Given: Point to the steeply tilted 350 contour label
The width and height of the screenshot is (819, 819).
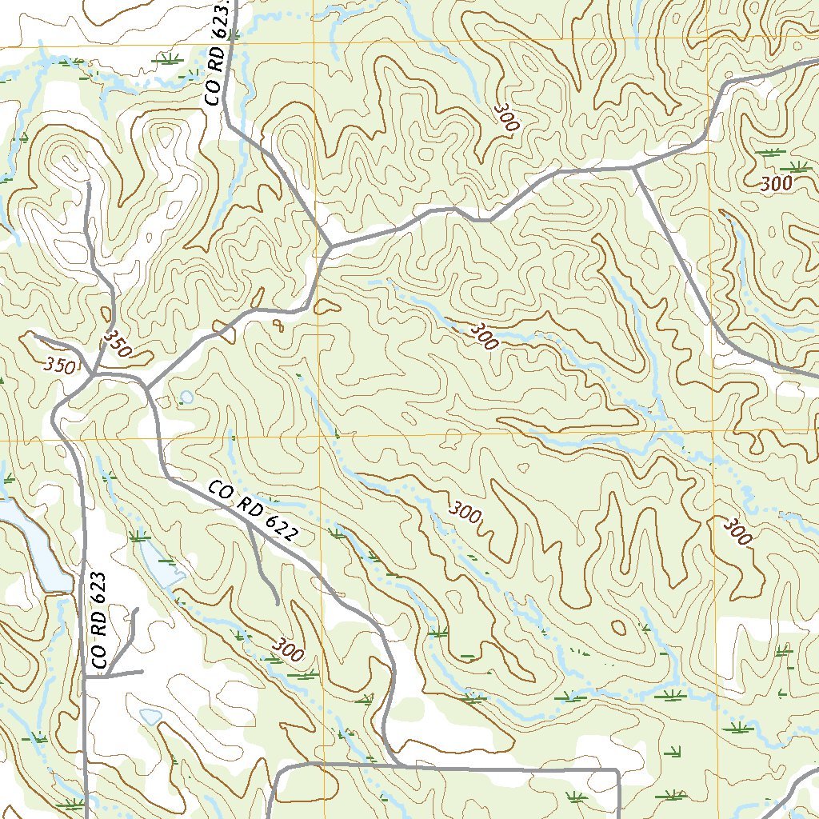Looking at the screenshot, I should point(117,344).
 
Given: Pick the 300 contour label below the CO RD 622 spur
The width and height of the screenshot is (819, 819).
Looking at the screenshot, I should point(287,649).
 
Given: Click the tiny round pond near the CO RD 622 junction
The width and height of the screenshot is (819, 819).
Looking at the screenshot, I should point(186,397).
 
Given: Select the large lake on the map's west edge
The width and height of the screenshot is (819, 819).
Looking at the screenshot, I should point(24,544).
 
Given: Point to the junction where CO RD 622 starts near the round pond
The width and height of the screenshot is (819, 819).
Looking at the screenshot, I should point(146,390).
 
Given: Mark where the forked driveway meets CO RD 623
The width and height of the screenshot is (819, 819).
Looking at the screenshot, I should point(85,677).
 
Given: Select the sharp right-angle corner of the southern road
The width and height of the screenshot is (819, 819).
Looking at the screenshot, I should point(618,771).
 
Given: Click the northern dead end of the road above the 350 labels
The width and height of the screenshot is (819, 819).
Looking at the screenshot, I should point(87,185).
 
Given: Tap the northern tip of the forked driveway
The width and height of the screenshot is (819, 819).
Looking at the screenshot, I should point(136,610).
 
